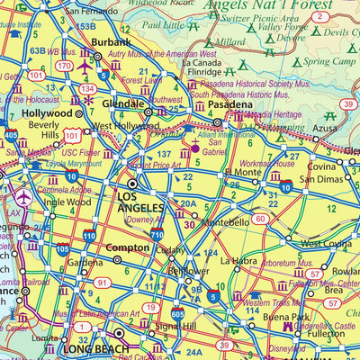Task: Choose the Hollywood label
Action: (x=47, y=114)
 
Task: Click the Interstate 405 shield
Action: (x=9, y=134)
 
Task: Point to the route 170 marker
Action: (x=64, y=66)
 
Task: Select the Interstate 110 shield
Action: (x=89, y=234)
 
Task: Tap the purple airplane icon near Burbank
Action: (x=85, y=66)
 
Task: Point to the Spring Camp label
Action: (x=327, y=62)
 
